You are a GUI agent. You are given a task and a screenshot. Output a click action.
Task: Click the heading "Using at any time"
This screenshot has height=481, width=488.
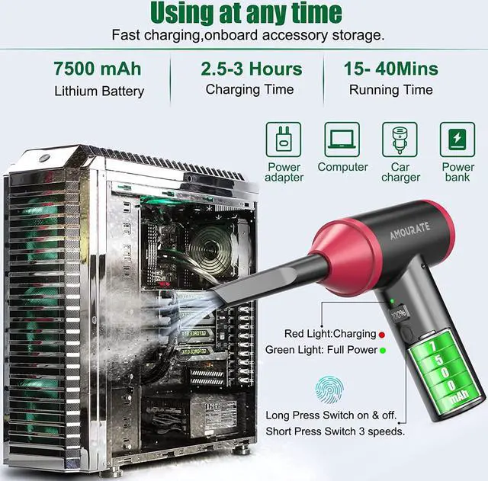(x=245, y=13)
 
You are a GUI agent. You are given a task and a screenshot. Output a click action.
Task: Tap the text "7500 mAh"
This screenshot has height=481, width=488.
(x=98, y=69)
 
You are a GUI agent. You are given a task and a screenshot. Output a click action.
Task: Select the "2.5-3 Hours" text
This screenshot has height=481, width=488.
(x=251, y=69)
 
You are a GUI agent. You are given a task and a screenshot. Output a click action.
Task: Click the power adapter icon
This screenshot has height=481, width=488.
(x=284, y=139)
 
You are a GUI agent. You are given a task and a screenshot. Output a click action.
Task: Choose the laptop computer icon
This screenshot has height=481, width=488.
(x=342, y=139)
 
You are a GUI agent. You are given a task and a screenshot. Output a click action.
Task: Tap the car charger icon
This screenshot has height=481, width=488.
(x=400, y=139)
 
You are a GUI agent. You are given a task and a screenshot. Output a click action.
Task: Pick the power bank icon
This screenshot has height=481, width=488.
(x=457, y=139)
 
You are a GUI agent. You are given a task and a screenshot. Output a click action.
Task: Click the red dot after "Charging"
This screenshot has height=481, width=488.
(x=382, y=334)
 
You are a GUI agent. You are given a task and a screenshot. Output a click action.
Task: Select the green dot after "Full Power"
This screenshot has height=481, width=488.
(x=383, y=350)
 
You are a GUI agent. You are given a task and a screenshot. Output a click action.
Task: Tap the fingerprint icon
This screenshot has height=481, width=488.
(x=329, y=390)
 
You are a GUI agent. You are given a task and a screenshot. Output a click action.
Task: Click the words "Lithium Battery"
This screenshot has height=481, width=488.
(x=99, y=91)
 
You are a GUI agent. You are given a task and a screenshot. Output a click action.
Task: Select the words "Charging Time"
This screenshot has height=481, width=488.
(x=249, y=89)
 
